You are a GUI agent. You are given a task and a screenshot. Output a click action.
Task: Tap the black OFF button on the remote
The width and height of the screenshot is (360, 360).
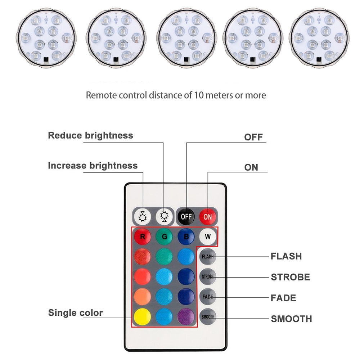click(186, 216)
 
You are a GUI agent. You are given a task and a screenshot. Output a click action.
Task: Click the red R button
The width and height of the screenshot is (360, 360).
click(143, 237)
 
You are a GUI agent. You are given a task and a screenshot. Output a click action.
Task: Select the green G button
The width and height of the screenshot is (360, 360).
click(165, 237)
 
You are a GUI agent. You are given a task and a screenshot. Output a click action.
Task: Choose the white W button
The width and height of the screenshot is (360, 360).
click(208, 237)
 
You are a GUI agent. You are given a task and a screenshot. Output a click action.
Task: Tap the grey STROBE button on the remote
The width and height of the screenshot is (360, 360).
click(208, 277)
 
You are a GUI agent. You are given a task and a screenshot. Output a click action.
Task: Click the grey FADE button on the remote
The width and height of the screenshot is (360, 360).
click(208, 297)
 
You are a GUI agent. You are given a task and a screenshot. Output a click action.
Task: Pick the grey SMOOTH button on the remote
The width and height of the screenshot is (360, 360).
click(208, 317)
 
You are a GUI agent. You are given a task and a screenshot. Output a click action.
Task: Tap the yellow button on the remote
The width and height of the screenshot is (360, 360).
click(143, 316)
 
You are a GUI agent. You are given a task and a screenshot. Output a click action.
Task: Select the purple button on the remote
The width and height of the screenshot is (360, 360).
click(186, 316)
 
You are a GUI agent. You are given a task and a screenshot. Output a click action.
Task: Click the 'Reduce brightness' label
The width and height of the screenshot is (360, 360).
click(90, 136)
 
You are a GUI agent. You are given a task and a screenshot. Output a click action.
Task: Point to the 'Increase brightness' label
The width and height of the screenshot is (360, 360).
click(93, 166)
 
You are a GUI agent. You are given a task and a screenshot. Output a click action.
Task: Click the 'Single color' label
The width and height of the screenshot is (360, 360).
click(75, 312)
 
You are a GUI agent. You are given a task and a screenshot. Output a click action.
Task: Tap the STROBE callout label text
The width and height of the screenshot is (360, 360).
click(290, 277)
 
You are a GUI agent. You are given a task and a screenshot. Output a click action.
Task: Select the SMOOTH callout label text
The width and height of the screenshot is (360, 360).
click(291, 319)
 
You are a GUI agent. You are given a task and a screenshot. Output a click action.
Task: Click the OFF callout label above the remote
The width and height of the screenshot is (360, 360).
click(253, 137)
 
